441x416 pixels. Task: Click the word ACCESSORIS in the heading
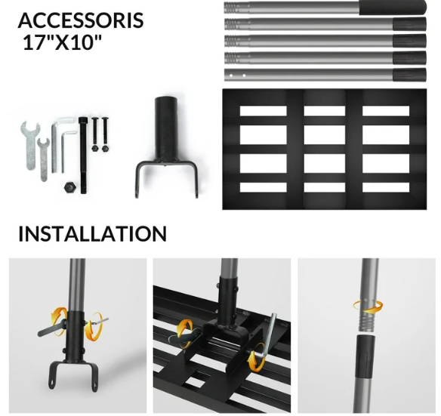(81, 20)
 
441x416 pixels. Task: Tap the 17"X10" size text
(62, 42)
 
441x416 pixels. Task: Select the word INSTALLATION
(93, 234)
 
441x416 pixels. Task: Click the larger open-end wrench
(30, 146)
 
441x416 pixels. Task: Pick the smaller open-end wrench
(43, 159)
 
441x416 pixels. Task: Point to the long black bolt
(83, 156)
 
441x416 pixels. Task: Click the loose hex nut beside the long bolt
(69, 187)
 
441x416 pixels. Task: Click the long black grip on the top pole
(393, 8)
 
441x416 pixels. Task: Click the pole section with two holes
(325, 75)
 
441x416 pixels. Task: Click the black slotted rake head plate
(324, 149)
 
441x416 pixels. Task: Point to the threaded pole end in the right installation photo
(367, 322)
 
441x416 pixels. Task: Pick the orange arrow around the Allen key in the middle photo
(256, 357)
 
